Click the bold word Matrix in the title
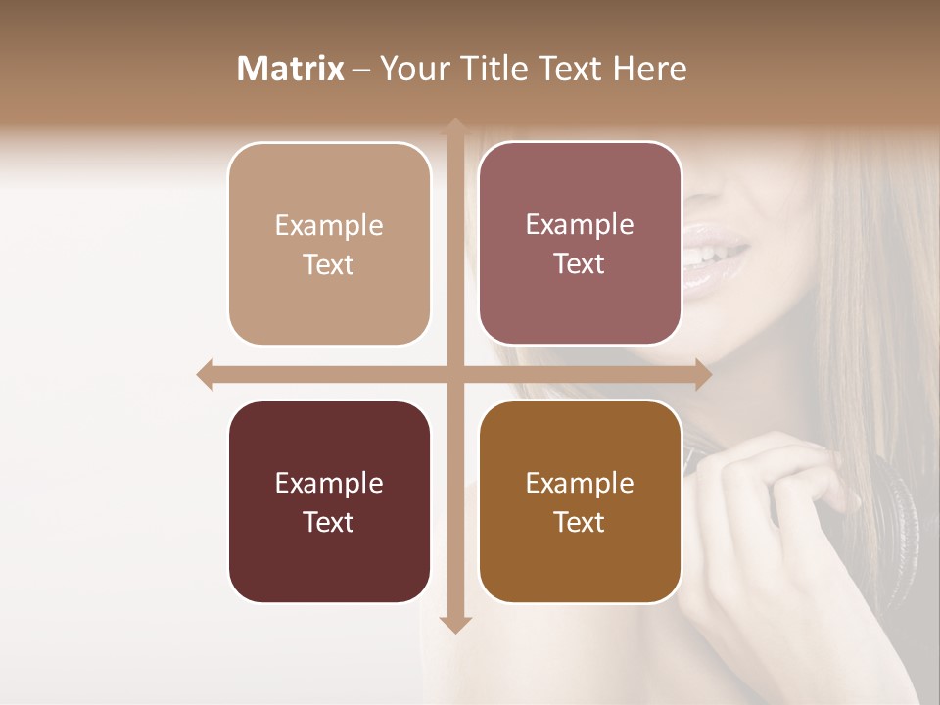click(x=291, y=69)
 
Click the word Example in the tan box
click(x=329, y=226)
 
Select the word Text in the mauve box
click(x=580, y=264)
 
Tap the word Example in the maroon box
click(x=329, y=483)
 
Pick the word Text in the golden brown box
click(x=580, y=522)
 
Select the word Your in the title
click(x=412, y=69)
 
